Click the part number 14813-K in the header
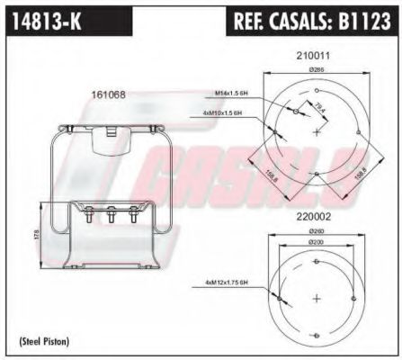tap(44, 20)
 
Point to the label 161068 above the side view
tap(109, 94)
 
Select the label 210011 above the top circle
tap(313, 55)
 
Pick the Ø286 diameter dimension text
tap(316, 69)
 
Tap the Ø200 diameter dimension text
tap(315, 243)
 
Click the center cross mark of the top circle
tap(317, 132)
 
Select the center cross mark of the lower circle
tap(317, 298)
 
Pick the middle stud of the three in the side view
tap(110, 216)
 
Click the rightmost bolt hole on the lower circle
tap(356, 299)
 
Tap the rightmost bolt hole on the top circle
tap(358, 133)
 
